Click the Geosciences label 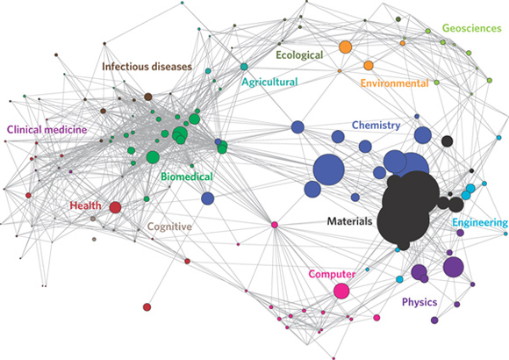(471, 29)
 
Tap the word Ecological (299, 55)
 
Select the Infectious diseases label (147, 67)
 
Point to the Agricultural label (269, 83)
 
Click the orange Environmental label (394, 83)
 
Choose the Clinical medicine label (47, 130)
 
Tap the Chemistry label (376, 126)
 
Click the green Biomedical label (187, 176)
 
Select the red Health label (86, 205)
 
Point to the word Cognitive (169, 227)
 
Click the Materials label (349, 221)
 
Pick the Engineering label (480, 223)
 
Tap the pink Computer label (332, 274)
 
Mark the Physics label (419, 303)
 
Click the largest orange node (346, 47)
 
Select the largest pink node (341, 292)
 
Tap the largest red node (115, 207)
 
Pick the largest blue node (328, 170)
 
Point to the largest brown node (148, 97)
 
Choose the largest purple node (454, 267)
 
